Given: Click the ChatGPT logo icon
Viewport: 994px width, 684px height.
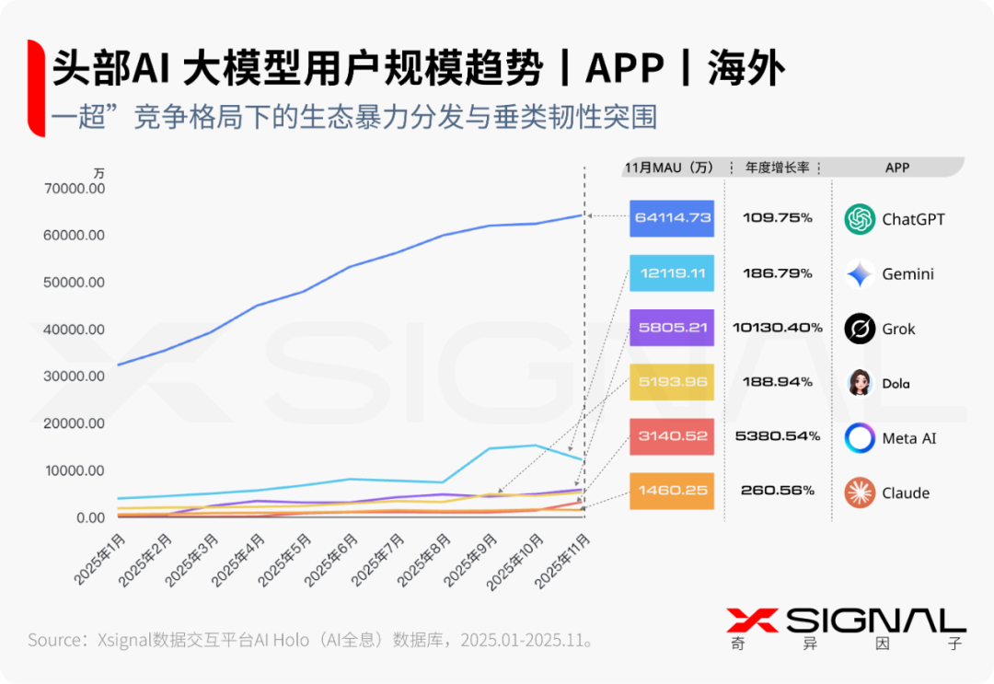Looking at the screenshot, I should click(x=860, y=219).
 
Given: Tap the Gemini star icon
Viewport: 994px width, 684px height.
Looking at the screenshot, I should click(x=860, y=273).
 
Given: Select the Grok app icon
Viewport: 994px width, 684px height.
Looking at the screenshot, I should click(x=860, y=329).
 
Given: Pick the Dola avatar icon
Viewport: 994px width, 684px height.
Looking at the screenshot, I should click(x=860, y=383).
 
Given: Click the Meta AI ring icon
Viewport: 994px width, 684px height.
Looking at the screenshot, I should click(x=860, y=438).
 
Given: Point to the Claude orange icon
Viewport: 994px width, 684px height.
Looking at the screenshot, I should click(x=860, y=493).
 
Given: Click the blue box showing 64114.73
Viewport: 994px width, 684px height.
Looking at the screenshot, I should click(x=672, y=218).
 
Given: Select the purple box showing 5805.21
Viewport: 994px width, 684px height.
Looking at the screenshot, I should click(x=672, y=328).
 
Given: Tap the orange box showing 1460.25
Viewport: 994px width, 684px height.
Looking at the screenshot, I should click(x=672, y=492).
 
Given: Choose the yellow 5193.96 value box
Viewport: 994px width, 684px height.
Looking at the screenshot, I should click(x=672, y=382).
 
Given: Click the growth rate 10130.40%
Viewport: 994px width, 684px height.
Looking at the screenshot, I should click(x=778, y=328).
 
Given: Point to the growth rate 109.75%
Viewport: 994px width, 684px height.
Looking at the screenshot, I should click(x=778, y=218).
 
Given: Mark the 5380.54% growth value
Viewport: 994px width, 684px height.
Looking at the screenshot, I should click(x=778, y=436).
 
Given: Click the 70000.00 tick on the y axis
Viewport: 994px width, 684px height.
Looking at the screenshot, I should click(x=75, y=189).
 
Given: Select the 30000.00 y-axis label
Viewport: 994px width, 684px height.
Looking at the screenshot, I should click(x=75, y=377).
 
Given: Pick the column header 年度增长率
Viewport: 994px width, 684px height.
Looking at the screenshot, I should click(x=777, y=168).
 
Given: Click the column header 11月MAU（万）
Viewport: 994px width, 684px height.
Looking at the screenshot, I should click(x=669, y=168).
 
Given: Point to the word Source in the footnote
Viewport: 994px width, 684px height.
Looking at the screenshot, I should click(x=54, y=640).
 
